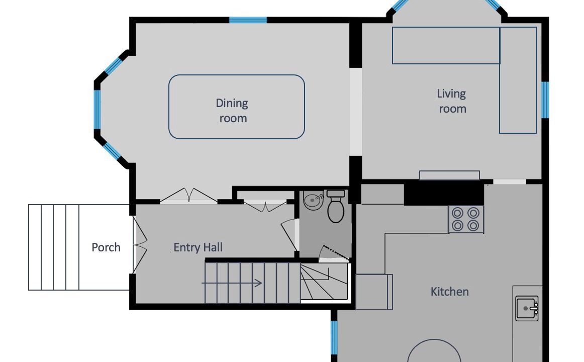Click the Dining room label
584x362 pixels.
(x=232, y=111)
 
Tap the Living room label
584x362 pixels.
(x=452, y=101)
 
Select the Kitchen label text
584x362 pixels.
(x=449, y=291)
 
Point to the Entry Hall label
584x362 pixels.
(x=198, y=247)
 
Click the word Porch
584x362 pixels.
(x=106, y=247)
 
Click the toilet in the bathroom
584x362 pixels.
(x=336, y=206)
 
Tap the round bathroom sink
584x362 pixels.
(x=313, y=201)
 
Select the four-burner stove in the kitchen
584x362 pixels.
(x=465, y=219)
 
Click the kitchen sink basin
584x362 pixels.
(x=527, y=308)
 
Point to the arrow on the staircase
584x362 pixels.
(x=232, y=284)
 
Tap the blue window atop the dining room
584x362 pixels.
(x=248, y=20)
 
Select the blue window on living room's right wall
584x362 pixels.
(x=545, y=100)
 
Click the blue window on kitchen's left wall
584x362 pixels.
(x=334, y=337)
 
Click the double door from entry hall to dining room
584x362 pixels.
(x=189, y=196)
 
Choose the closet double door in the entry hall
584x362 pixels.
(x=265, y=206)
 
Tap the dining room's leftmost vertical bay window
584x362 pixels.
(x=97, y=110)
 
